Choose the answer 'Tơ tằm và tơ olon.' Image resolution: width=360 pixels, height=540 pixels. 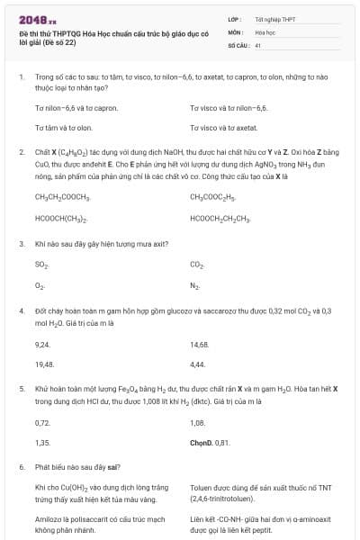64,128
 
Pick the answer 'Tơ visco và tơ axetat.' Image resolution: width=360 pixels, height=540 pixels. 224,128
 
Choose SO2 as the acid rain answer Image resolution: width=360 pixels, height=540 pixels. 41,265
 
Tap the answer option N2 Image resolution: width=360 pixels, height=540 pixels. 195,285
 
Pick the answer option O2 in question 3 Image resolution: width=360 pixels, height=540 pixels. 40,285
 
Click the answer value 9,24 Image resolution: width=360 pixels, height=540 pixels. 42,344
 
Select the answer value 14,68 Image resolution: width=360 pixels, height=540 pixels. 199,344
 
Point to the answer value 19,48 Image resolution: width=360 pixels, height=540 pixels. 44,364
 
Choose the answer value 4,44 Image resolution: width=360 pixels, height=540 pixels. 197,364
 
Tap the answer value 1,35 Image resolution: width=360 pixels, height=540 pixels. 42,443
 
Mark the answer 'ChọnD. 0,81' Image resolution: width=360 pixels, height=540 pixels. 211,443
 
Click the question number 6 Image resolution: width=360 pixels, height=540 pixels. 22,468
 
